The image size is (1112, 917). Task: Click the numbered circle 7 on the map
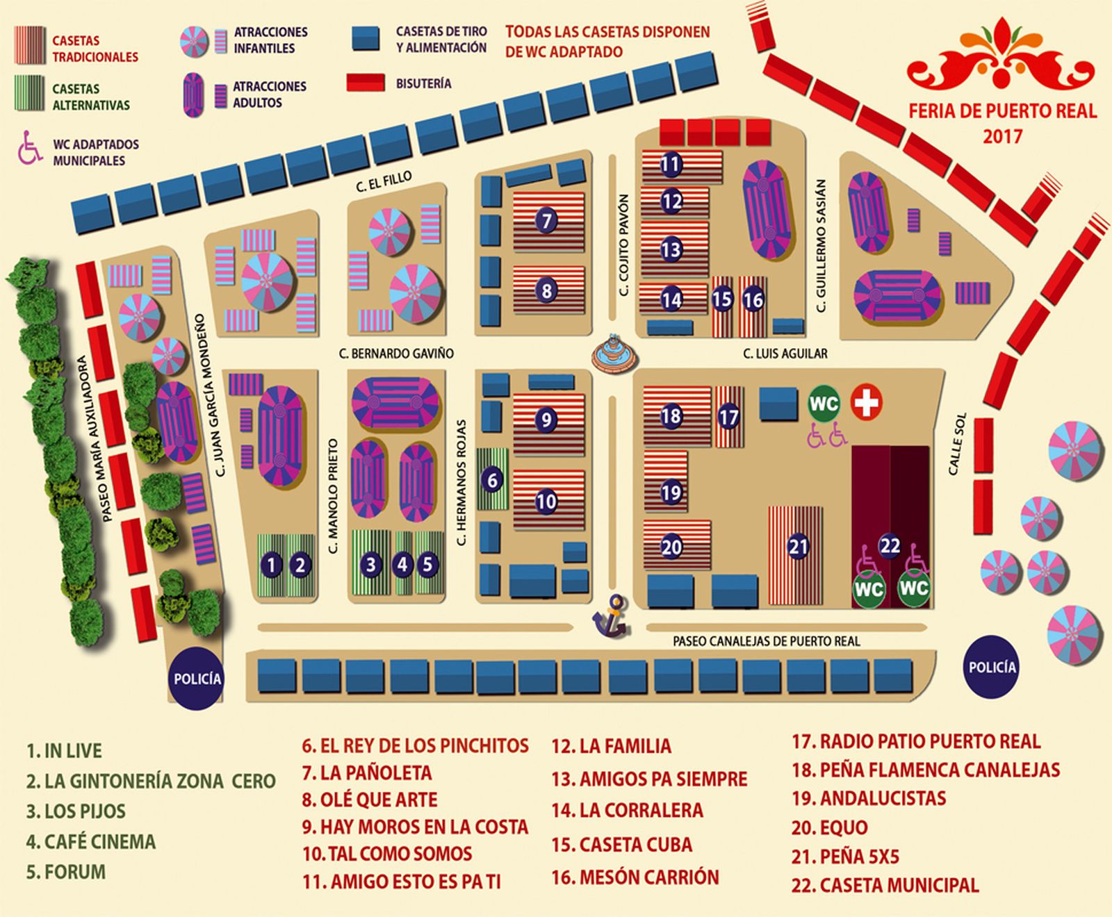click(x=547, y=221)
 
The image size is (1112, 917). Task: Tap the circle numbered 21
click(x=798, y=547)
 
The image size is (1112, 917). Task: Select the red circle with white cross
click(x=866, y=402)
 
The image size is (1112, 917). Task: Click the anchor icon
click(x=611, y=616)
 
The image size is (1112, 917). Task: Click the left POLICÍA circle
click(x=197, y=679)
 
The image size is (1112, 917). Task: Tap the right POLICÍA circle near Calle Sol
click(x=992, y=667)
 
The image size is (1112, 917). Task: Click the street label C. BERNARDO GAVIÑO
click(x=396, y=354)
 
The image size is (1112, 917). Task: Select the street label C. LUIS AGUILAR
click(x=785, y=354)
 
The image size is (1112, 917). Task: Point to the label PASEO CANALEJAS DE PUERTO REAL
click(x=766, y=641)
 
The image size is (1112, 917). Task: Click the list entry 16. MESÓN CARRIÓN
click(x=635, y=877)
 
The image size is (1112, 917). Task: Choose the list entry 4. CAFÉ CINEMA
click(x=90, y=842)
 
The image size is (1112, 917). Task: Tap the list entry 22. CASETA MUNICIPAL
click(x=885, y=886)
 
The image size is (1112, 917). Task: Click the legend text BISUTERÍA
click(x=423, y=84)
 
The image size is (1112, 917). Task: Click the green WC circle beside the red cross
click(x=824, y=403)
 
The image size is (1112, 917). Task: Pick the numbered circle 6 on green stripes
click(x=492, y=479)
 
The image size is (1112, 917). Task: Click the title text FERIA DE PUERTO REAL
click(x=1002, y=111)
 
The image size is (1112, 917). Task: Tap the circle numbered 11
click(x=670, y=165)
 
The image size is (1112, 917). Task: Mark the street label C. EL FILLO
click(x=384, y=182)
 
